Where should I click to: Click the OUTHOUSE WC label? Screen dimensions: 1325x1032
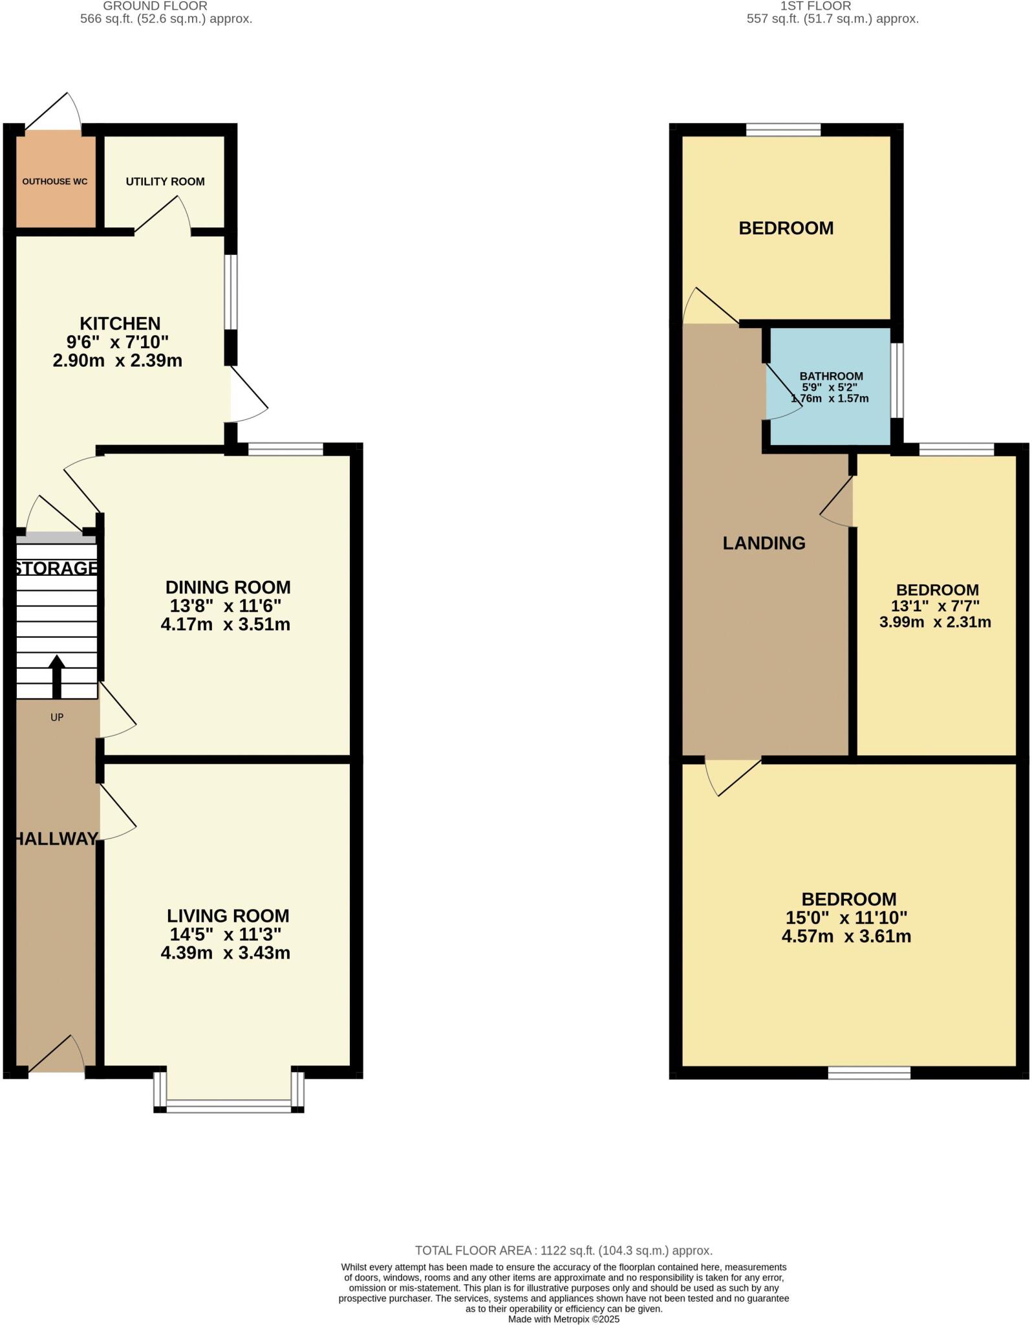pos(55,182)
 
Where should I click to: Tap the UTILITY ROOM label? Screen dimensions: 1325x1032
pos(165,182)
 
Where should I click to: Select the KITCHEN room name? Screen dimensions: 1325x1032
pos(120,323)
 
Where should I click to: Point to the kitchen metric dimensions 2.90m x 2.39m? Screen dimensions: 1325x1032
pos(117,361)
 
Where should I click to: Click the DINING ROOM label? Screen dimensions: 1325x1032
pos(228,587)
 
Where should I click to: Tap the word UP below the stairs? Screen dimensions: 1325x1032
pos(57,717)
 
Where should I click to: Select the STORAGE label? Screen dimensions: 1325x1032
pos(56,568)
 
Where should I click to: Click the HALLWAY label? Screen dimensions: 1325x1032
pos(56,839)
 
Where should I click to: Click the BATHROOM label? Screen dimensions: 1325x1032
pos(831,376)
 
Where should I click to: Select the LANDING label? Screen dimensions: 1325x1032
pos(764,543)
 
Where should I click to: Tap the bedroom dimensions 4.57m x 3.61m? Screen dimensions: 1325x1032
pos(846,936)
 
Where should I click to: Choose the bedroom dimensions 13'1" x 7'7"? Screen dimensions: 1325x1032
pos(935,606)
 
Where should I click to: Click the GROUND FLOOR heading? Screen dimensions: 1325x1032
pos(155,6)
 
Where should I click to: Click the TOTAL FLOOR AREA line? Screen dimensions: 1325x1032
pos(563,1251)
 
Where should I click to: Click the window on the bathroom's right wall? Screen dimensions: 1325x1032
pos(897,380)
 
